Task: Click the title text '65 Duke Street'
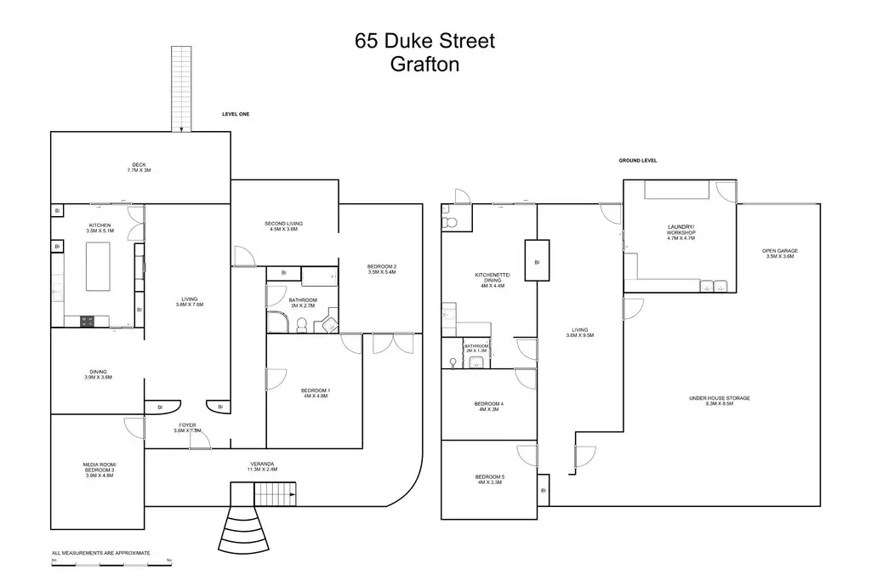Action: click(424, 41)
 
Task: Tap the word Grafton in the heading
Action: click(424, 65)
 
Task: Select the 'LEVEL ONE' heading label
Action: click(236, 114)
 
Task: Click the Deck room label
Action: click(139, 168)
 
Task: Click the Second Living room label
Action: click(282, 226)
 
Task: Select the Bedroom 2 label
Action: click(382, 270)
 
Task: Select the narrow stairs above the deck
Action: click(181, 88)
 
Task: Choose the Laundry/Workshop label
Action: click(680, 231)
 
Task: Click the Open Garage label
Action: click(779, 253)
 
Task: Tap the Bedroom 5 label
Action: click(488, 479)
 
